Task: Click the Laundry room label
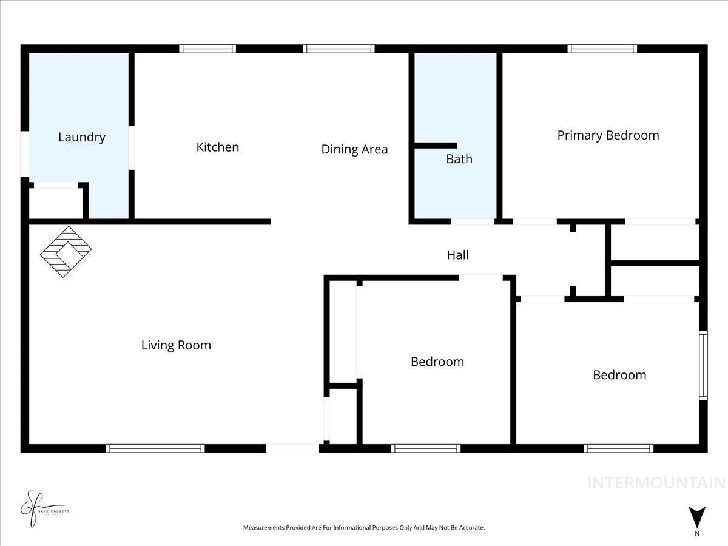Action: coord(82,137)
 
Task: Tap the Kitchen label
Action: coord(217,147)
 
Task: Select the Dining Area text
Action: coord(354,149)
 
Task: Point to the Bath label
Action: coord(459,159)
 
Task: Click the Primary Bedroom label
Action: coord(608,135)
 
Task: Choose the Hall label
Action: coord(457,255)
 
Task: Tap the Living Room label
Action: coord(176,345)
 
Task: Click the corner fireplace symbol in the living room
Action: coord(66,252)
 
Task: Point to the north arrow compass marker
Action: coord(697,517)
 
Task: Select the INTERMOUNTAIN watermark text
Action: coord(656,483)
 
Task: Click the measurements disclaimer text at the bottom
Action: coord(364,528)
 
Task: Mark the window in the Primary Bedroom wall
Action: coord(602,49)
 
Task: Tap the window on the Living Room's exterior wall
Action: coord(155,448)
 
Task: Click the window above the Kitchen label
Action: coord(207,49)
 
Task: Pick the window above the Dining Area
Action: coord(339,49)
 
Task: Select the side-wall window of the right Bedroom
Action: coord(703,365)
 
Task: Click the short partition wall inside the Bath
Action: coord(435,146)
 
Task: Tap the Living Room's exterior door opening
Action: coord(292,448)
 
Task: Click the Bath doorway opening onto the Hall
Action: coord(472,222)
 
